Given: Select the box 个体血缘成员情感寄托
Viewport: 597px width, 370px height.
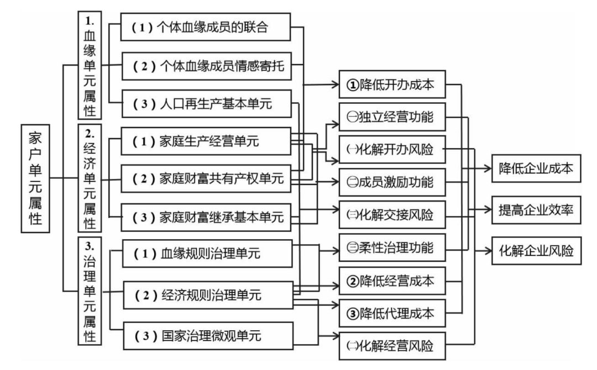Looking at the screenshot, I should pyautogui.click(x=212, y=65).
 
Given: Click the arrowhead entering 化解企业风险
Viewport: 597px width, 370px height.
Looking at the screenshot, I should pyautogui.click(x=487, y=250).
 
